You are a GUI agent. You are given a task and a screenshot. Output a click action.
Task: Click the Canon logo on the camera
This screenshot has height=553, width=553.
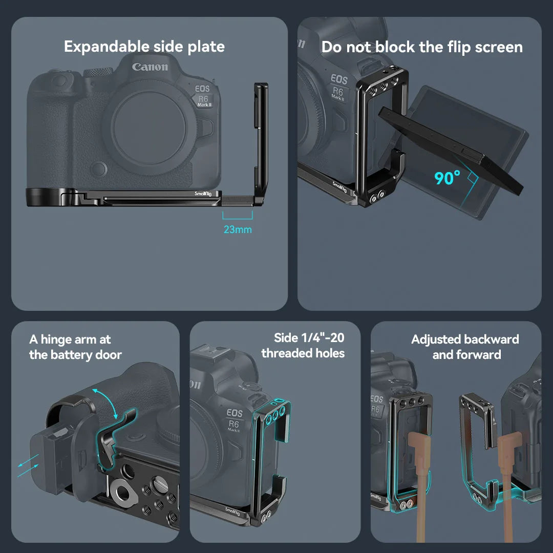(150, 67)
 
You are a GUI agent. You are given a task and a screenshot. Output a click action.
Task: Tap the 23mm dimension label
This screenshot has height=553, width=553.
(238, 229)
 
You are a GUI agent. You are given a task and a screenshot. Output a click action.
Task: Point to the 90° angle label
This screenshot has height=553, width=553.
(448, 178)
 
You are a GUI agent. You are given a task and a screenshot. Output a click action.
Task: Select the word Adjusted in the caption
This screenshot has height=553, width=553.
(436, 339)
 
